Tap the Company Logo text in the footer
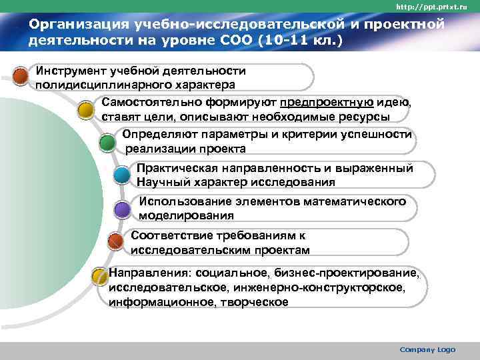point(427,350)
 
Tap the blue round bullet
point(122,175)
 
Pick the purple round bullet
point(122,209)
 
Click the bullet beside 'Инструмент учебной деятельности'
point(22,75)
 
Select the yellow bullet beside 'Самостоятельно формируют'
point(86,109)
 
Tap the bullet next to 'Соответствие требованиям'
point(115,242)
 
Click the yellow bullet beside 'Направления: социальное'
point(100,275)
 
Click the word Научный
point(161,182)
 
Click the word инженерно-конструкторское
point(322,287)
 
